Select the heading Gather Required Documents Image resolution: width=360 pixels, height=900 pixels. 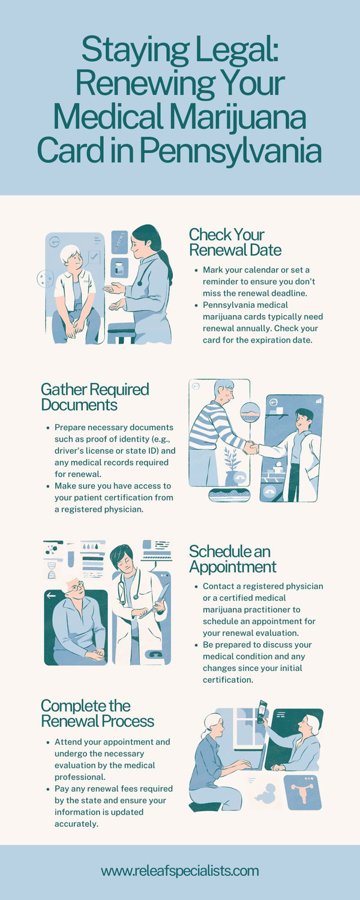point(95,397)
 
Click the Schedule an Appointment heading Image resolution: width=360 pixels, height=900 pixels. point(233,559)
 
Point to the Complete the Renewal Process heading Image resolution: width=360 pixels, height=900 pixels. point(97,713)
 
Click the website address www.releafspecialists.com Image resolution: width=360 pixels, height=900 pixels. point(180,871)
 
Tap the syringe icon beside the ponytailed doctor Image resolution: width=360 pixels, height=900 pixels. point(119,242)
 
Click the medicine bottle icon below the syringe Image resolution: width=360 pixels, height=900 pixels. point(119,268)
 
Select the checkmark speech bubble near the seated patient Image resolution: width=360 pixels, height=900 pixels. point(94,257)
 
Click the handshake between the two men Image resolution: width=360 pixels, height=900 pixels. point(251,448)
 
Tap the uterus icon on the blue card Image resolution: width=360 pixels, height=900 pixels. point(302,792)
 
